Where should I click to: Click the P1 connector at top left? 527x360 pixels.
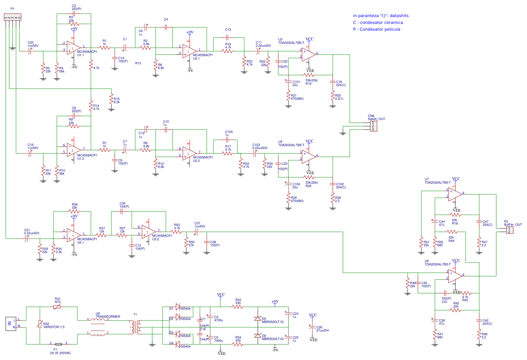pyautogui.click(x=12, y=17)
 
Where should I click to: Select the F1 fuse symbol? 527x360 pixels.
pyautogui.click(x=58, y=344)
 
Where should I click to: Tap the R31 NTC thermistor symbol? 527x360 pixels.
pyautogui.click(x=57, y=307)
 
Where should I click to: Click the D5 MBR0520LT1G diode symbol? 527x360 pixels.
pyautogui.click(x=258, y=319)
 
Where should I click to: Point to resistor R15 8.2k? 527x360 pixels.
pyautogui.click(x=111, y=99)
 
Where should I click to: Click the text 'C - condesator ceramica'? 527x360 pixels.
pyautogui.click(x=378, y=22)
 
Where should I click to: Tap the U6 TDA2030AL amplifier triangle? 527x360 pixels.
pyautogui.click(x=455, y=276)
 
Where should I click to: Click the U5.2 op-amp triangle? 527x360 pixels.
pyautogui.click(x=149, y=232)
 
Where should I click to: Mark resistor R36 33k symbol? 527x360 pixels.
pyautogui.click(x=74, y=211)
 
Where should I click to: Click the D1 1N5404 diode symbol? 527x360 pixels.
pyautogui.click(x=177, y=306)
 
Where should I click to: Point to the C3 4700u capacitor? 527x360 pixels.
pyautogui.click(x=210, y=319)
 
